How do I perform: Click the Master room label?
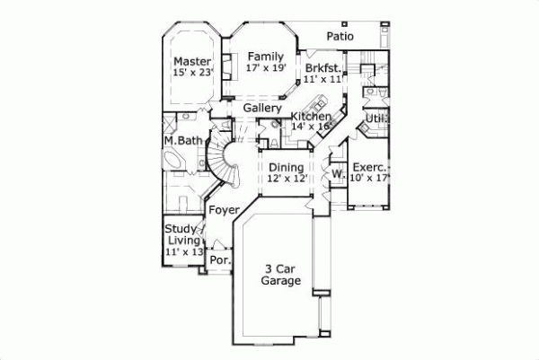point(192,62)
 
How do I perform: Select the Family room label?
point(266,57)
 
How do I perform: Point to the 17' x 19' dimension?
point(266,67)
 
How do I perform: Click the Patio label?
point(340,37)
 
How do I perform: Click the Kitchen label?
point(311,117)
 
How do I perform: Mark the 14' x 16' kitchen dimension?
point(311,127)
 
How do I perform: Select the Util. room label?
point(376,119)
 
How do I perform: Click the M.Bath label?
point(182,141)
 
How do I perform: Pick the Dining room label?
point(287,167)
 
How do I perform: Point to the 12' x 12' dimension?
point(287,179)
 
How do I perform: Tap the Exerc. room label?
point(369,167)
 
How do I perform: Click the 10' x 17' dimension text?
point(369,178)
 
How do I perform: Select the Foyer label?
point(224,210)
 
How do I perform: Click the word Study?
point(181,230)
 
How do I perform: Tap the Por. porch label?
point(219,260)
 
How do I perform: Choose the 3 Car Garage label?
point(281,275)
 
